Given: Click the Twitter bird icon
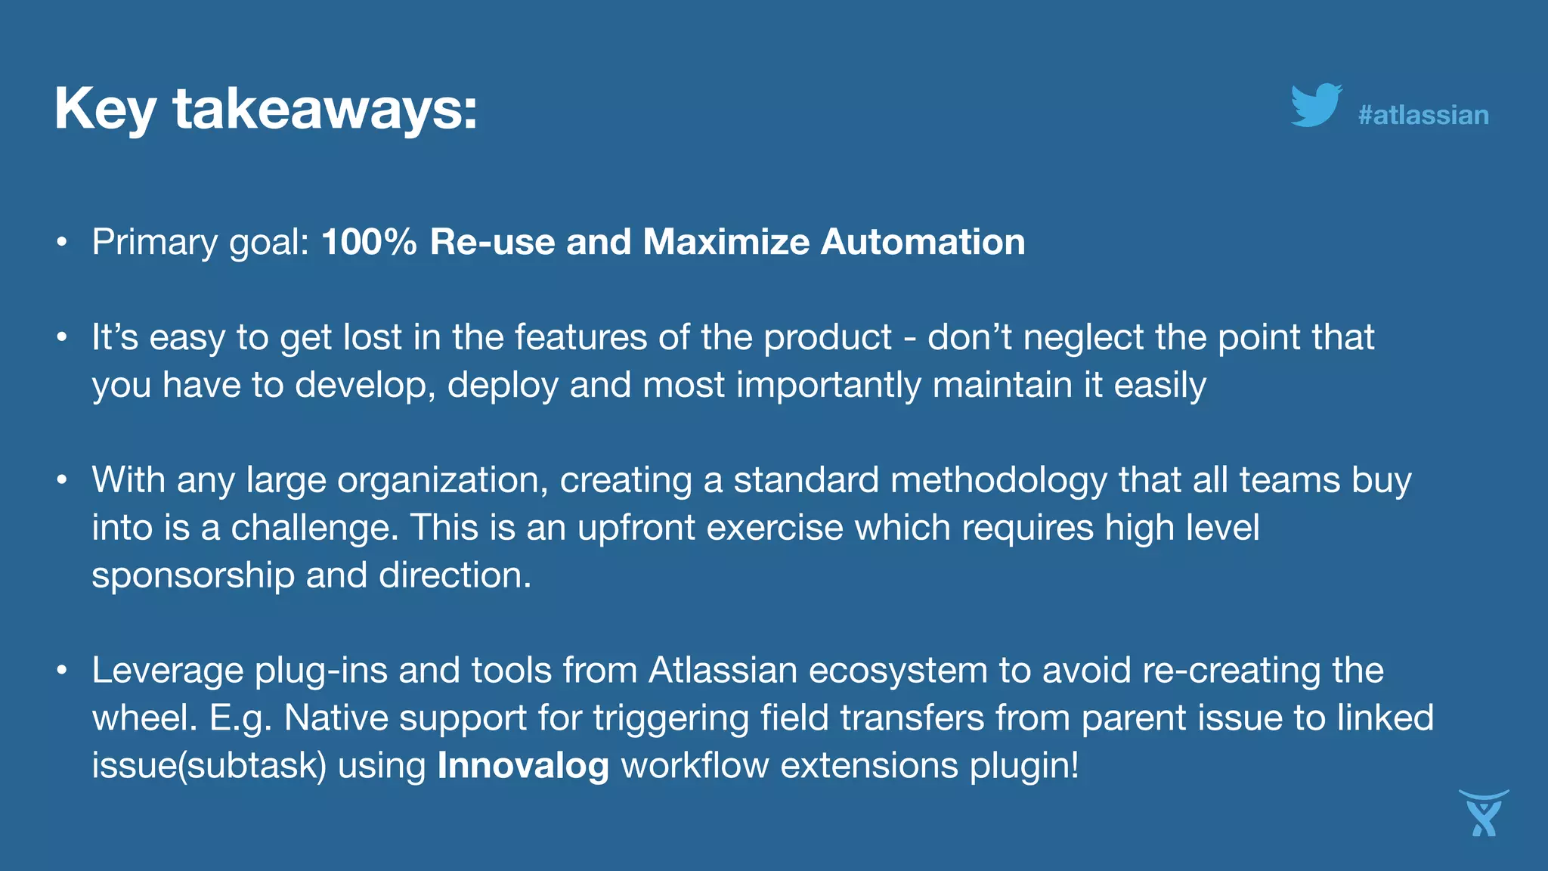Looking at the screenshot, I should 1316,105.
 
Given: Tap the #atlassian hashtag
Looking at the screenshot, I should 1423,115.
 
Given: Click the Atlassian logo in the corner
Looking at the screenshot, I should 1484,814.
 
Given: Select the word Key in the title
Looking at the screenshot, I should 105,110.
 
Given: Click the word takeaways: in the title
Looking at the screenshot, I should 325,110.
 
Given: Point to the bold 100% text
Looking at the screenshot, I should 369,242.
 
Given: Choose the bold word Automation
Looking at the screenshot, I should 923,242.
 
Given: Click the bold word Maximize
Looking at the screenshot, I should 726,242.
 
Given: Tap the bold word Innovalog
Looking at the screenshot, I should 523,765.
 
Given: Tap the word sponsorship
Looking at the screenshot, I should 193,576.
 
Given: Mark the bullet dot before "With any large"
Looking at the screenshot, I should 62,480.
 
